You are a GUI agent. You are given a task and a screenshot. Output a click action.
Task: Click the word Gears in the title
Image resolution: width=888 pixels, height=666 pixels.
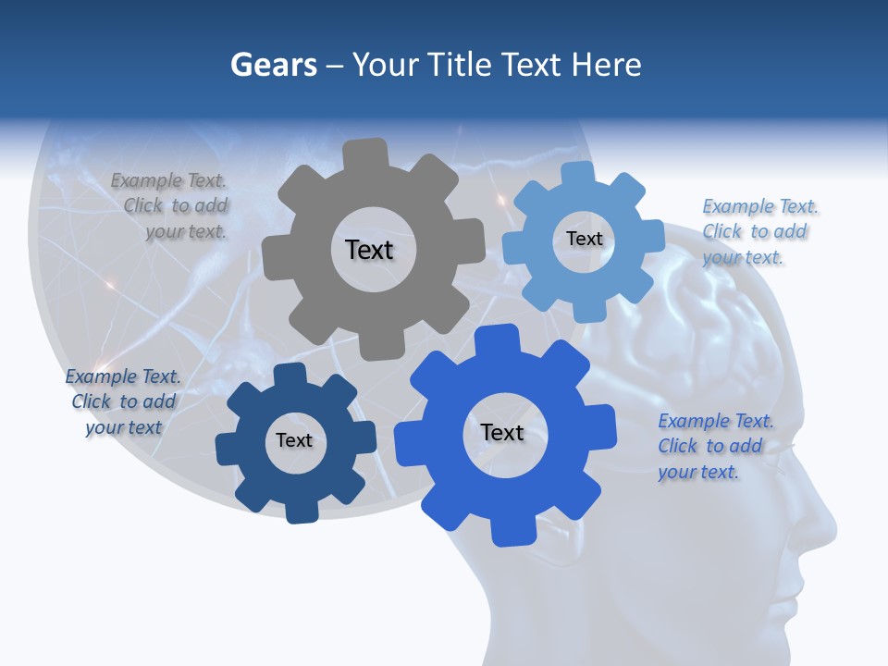[x=273, y=65]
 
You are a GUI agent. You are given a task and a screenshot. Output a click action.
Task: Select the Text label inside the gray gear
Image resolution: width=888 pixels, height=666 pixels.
[x=369, y=250]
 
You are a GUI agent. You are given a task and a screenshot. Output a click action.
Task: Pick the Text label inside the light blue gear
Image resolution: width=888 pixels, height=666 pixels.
[x=584, y=239]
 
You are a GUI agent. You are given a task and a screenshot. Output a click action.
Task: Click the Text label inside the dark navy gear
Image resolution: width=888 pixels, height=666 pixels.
[x=294, y=440]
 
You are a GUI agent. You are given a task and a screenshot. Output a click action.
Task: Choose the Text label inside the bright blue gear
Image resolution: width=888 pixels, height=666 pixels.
[x=502, y=432]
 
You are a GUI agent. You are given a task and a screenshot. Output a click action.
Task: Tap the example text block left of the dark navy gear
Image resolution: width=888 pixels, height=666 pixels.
[x=123, y=401]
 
